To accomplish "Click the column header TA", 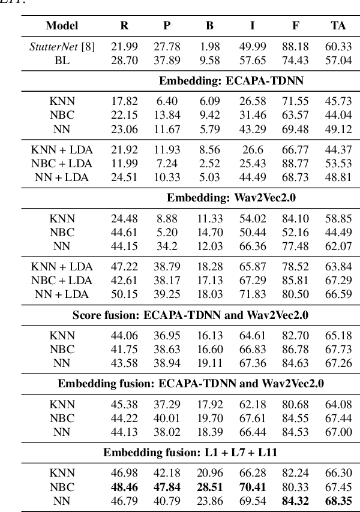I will point(338,26).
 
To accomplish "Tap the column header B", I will point(209,26).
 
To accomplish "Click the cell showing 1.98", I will point(209,47).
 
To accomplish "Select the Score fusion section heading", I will point(191,314).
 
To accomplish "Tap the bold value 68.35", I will point(338,499).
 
